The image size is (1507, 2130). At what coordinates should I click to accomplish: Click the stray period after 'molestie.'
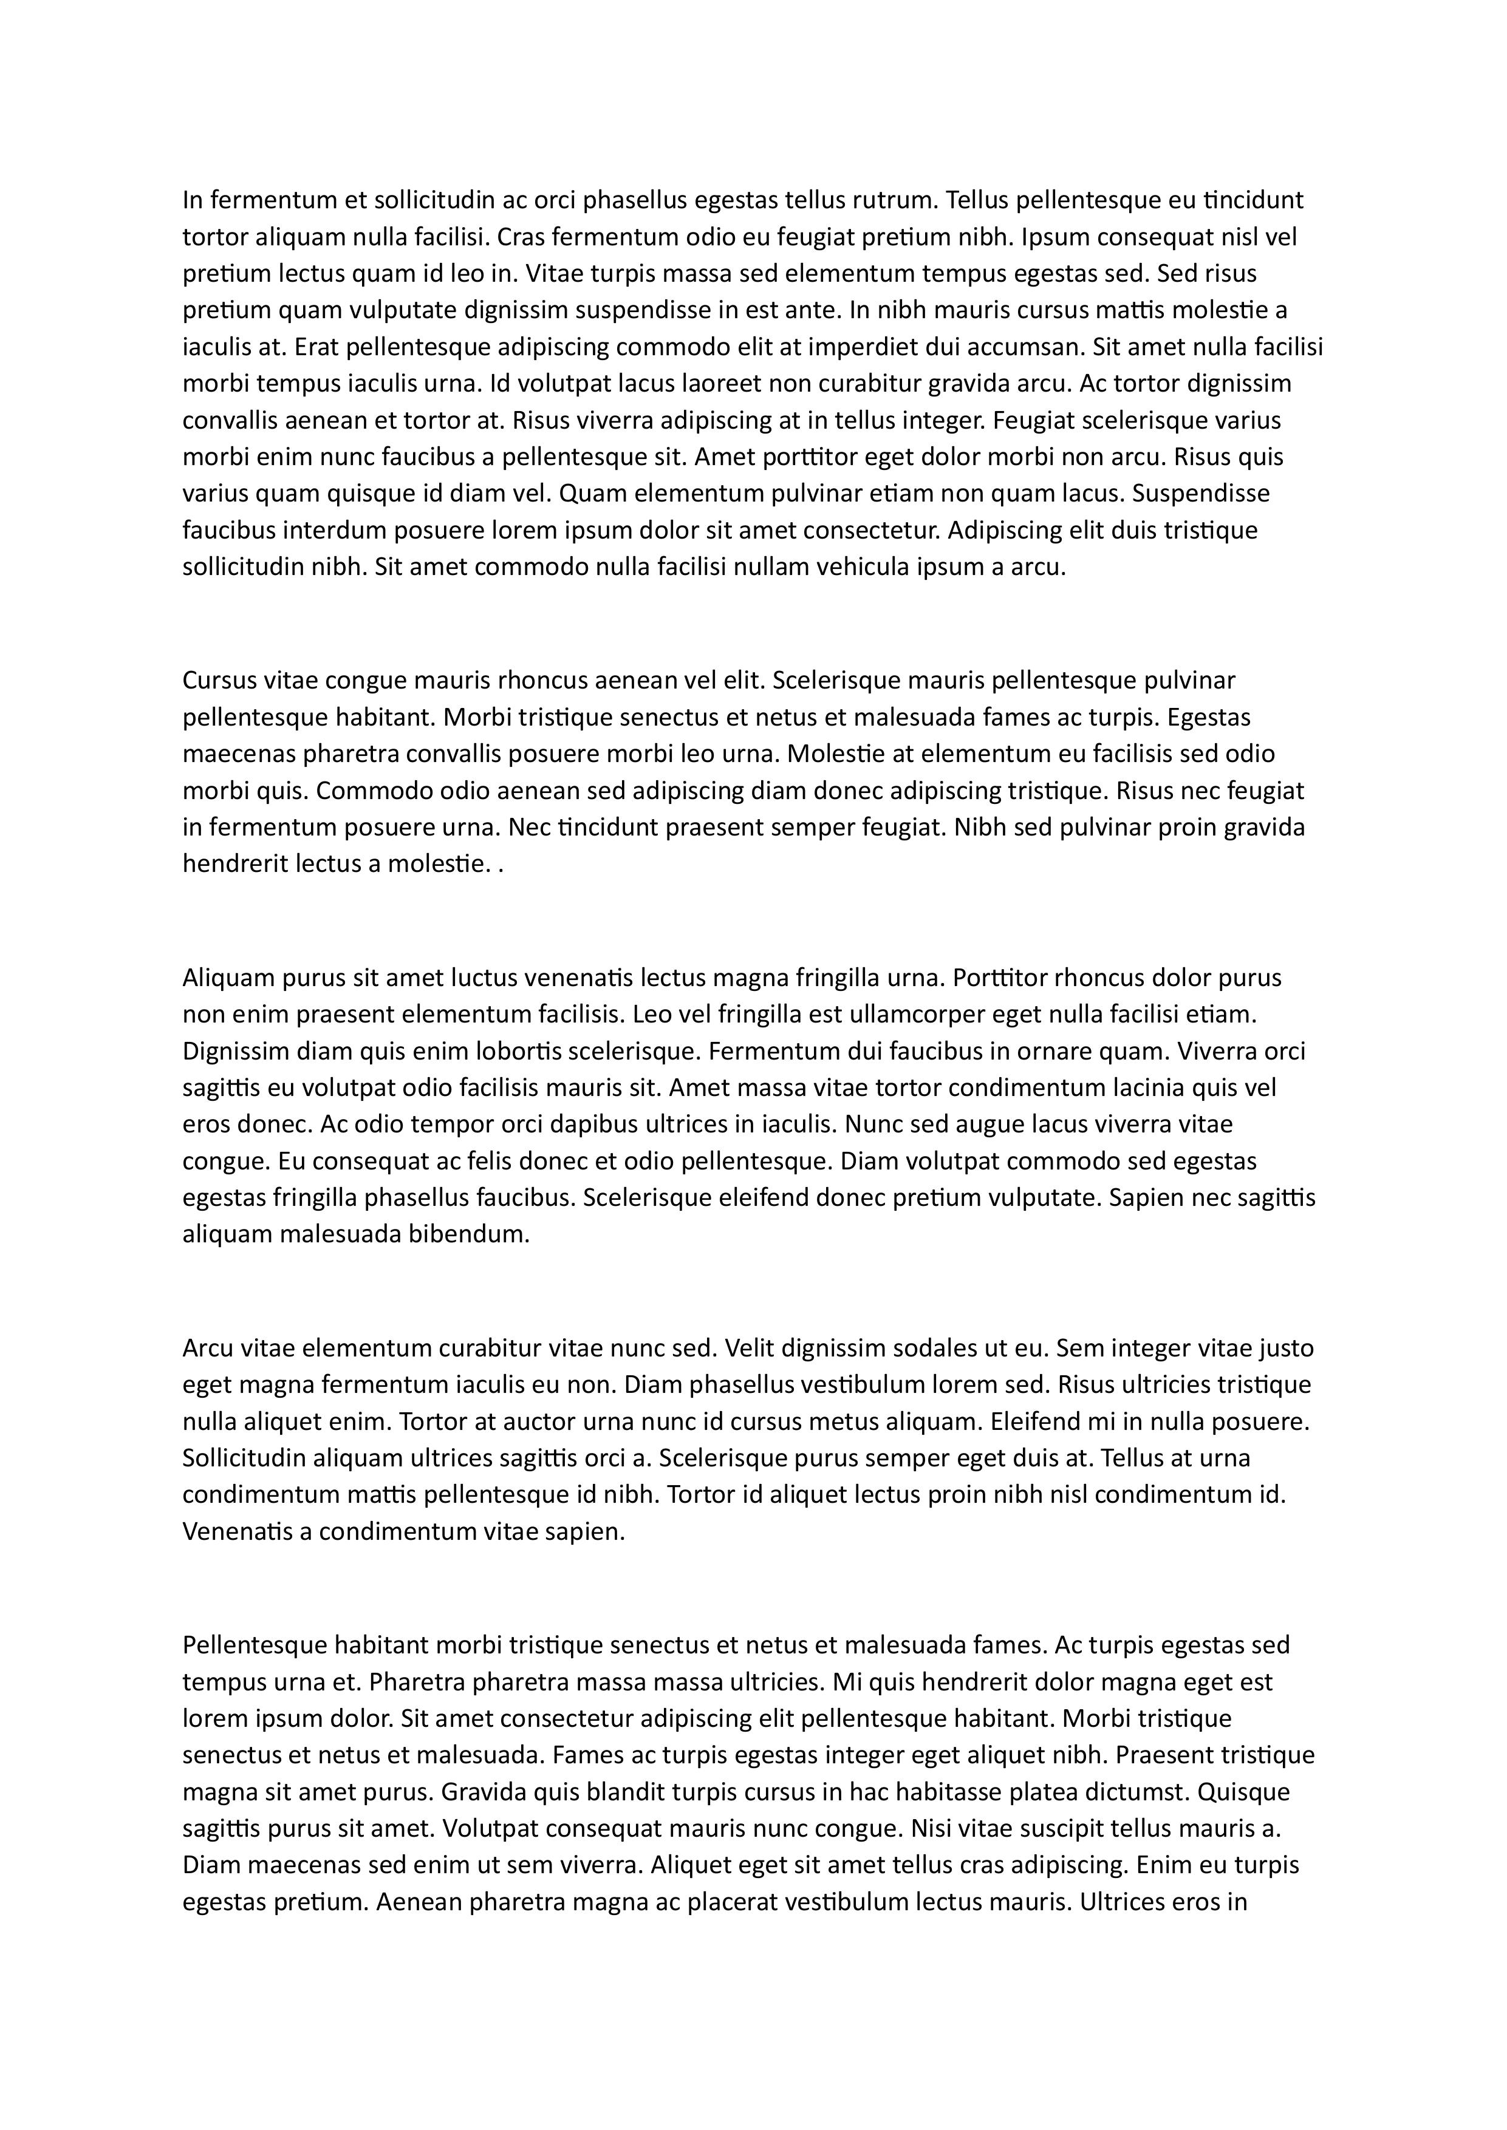tap(502, 865)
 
